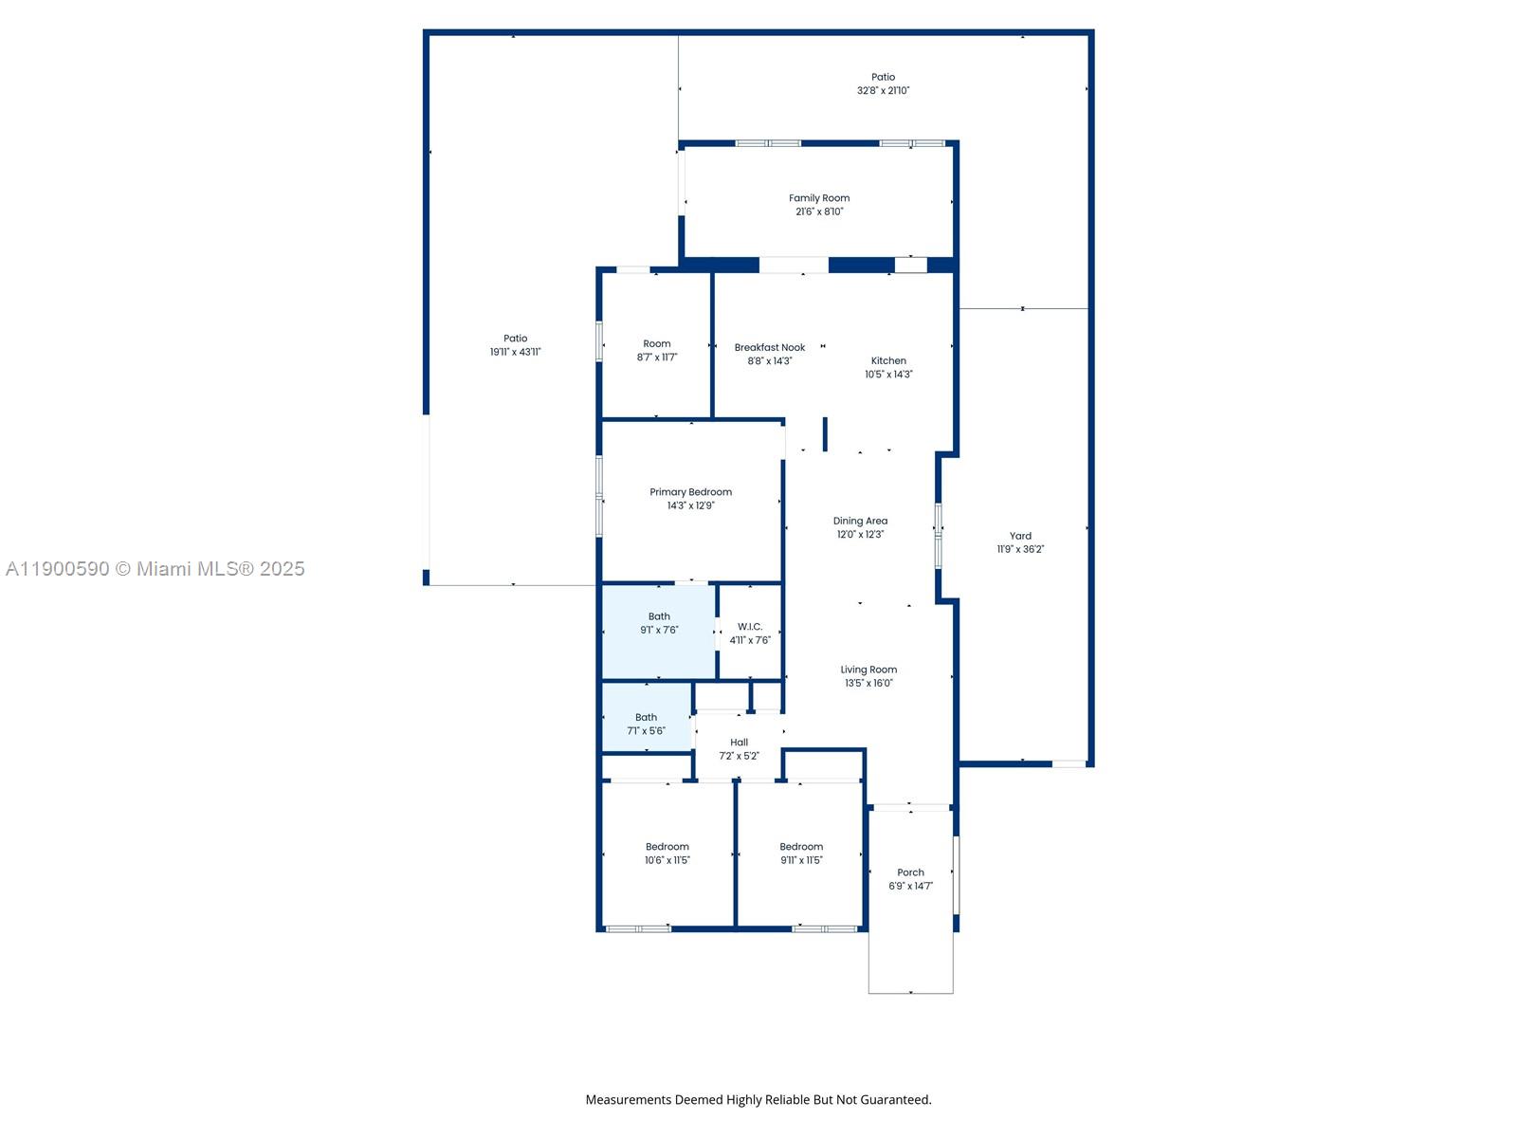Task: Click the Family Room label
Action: point(819,198)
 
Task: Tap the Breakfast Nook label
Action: point(769,347)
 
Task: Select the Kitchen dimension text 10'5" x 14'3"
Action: point(888,375)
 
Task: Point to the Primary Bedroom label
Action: point(690,492)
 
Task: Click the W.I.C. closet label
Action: point(750,627)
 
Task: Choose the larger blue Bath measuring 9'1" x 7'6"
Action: point(659,633)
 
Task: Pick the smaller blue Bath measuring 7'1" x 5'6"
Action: point(647,717)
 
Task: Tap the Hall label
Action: point(739,743)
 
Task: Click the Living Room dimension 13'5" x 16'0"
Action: point(868,684)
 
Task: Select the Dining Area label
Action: point(860,521)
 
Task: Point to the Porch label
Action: point(910,872)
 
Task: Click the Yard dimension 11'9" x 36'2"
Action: point(1020,549)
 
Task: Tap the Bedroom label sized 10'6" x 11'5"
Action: point(667,847)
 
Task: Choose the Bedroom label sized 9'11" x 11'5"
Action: point(801,847)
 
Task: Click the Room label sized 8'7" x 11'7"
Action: point(656,344)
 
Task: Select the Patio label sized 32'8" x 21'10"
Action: point(883,78)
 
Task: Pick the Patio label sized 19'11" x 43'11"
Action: point(515,339)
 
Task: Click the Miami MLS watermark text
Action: point(155,569)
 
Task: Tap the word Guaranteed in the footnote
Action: point(895,1100)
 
